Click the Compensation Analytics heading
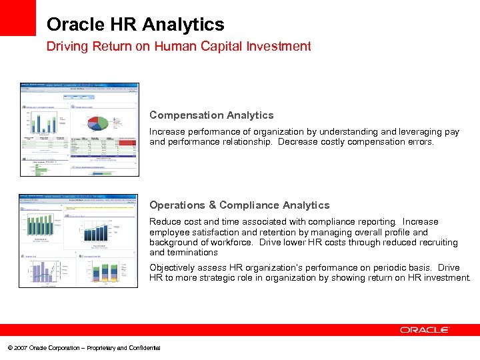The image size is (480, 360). tap(211, 115)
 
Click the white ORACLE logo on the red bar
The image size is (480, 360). tap(425, 330)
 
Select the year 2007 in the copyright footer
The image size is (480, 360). tap(20, 348)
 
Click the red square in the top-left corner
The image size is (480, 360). tap(17, 17)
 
